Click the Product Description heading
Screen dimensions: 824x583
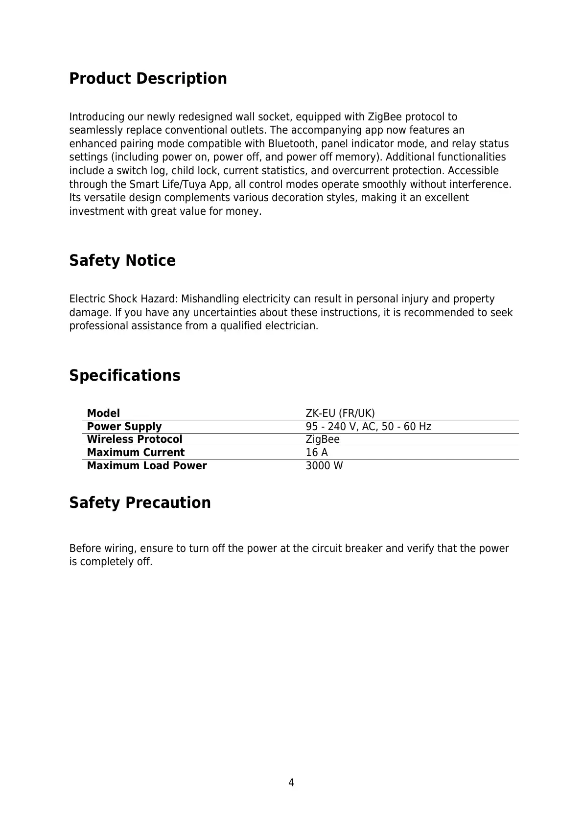pos(148,78)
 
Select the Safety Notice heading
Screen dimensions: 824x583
pos(122,260)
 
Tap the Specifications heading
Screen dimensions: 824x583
pos(125,375)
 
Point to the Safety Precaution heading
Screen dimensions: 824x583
pos(140,503)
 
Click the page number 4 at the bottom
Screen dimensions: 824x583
pos(291,783)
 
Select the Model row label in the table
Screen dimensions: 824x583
pos(103,413)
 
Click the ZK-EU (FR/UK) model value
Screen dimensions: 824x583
pos(340,413)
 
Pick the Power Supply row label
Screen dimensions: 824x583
pos(124,427)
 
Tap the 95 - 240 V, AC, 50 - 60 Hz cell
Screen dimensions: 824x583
pos(369,427)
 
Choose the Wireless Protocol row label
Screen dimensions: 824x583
pos(135,439)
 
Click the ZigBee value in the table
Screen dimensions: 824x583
pos(323,439)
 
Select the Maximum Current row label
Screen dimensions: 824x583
pos(136,453)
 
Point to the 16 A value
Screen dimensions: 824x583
pos(317,453)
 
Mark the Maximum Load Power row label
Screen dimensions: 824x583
pos(147,466)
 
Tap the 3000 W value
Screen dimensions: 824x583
pos(325,466)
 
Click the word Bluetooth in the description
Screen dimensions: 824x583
pos(292,144)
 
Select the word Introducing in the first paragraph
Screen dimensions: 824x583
pos(97,117)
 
